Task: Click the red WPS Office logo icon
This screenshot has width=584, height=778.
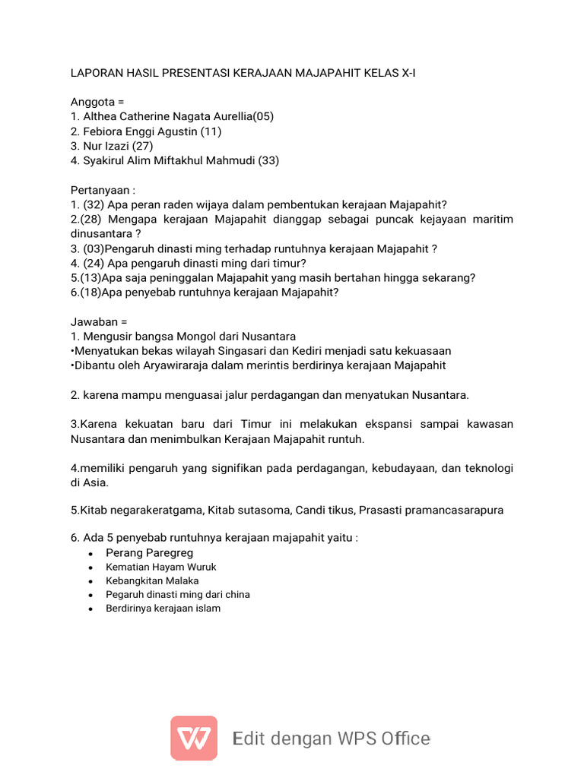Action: pos(194,738)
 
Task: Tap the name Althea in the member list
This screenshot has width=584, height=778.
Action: pos(100,116)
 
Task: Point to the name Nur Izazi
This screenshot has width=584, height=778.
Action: pos(106,146)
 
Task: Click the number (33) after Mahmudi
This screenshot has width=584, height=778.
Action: pos(268,160)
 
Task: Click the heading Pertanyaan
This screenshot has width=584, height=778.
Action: pos(100,190)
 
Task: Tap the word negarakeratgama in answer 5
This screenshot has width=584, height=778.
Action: pos(141,511)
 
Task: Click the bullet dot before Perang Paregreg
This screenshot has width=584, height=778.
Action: pos(90,554)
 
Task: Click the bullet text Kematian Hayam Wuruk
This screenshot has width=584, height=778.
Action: pos(161,568)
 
